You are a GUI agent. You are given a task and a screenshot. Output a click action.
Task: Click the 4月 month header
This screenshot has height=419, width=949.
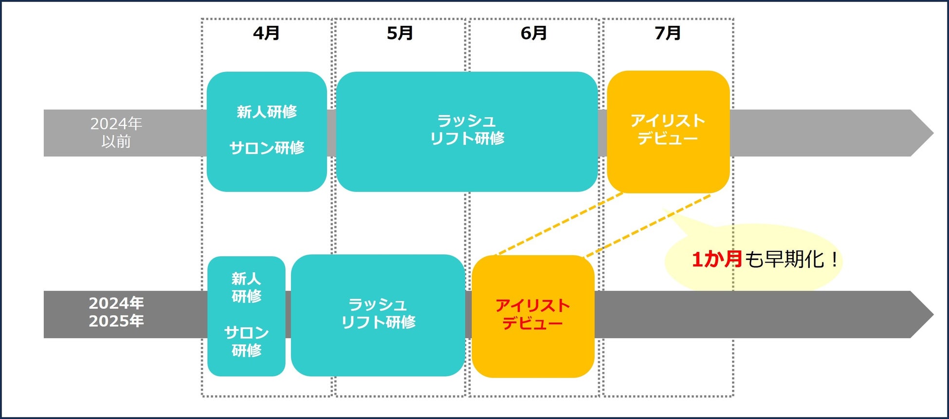(x=266, y=33)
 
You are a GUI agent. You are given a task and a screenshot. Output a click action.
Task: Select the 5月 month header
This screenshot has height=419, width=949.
(x=400, y=33)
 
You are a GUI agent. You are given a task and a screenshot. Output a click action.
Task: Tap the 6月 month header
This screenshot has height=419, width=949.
(x=533, y=33)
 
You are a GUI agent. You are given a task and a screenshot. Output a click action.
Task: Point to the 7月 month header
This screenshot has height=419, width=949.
(x=667, y=33)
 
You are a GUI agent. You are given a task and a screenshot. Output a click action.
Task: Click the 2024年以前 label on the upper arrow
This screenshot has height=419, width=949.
(x=116, y=133)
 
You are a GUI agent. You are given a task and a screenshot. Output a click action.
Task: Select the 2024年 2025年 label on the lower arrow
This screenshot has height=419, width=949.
(x=116, y=312)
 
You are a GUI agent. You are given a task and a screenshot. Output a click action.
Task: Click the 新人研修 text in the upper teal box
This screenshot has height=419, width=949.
(x=267, y=112)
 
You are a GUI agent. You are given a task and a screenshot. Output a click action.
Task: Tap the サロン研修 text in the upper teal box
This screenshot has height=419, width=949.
(x=267, y=148)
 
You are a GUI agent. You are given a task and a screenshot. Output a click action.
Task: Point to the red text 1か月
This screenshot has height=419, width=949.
(x=716, y=259)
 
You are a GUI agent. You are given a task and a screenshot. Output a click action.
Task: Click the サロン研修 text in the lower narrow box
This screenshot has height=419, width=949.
(x=246, y=341)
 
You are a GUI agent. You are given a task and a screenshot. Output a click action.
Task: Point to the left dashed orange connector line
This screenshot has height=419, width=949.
(x=560, y=224)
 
